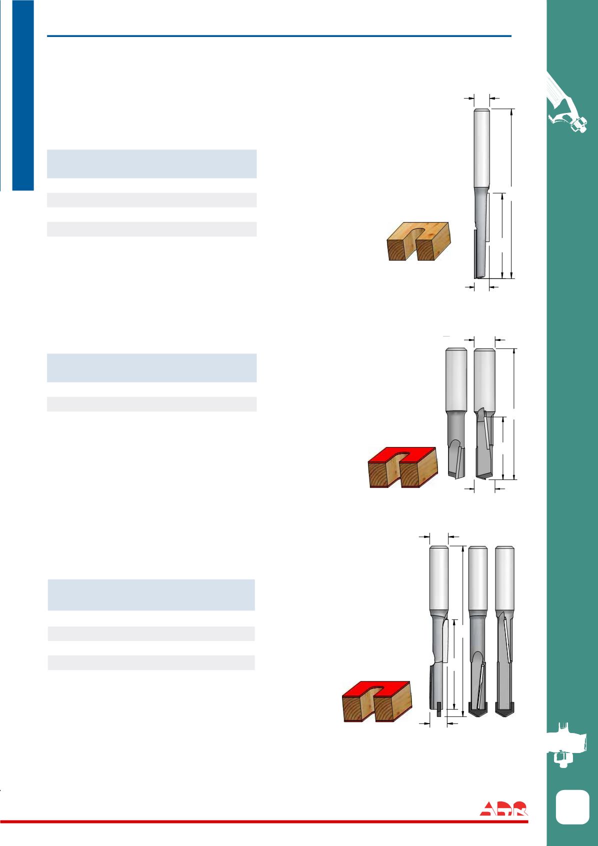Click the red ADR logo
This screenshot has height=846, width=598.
coord(503,808)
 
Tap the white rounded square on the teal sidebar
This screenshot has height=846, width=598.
coord(572,806)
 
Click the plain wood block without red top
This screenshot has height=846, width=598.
coord(418,241)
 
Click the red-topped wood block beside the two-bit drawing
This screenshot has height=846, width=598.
coord(402,467)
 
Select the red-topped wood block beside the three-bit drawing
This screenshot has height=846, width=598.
coord(376,701)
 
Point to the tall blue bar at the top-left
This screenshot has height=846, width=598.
coord(23,95)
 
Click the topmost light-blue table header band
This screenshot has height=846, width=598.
coord(152,164)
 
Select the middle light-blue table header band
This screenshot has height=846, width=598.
coord(152,368)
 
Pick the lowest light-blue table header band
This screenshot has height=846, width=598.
coord(151,595)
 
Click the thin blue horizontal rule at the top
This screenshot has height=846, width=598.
coord(279,36)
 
